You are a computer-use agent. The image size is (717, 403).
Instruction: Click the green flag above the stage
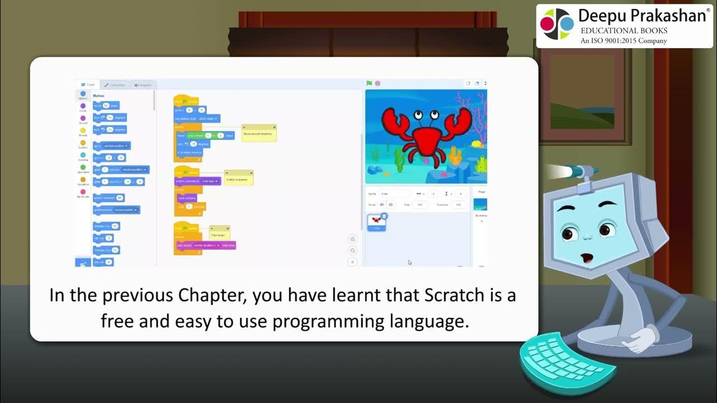tap(369, 83)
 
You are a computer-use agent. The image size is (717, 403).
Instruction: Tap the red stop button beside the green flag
tap(378, 83)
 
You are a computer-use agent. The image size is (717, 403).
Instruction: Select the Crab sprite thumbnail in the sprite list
tap(376, 222)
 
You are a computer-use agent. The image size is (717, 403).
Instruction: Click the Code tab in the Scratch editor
tap(88, 85)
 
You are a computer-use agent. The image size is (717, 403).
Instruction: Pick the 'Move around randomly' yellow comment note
tap(259, 133)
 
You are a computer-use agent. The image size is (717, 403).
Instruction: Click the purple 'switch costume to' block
tap(197, 181)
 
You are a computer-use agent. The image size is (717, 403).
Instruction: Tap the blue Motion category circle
tap(83, 94)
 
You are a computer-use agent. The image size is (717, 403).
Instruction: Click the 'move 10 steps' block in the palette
tap(106, 105)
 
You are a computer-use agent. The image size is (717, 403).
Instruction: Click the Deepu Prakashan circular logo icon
tap(557, 24)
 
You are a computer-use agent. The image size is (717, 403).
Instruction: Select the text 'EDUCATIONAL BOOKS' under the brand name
tap(623, 31)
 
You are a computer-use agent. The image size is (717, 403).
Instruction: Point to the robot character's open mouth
tap(586, 258)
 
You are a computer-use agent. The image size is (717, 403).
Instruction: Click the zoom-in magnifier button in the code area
tap(352, 239)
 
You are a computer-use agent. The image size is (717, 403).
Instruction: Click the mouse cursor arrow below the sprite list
tap(409, 262)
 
